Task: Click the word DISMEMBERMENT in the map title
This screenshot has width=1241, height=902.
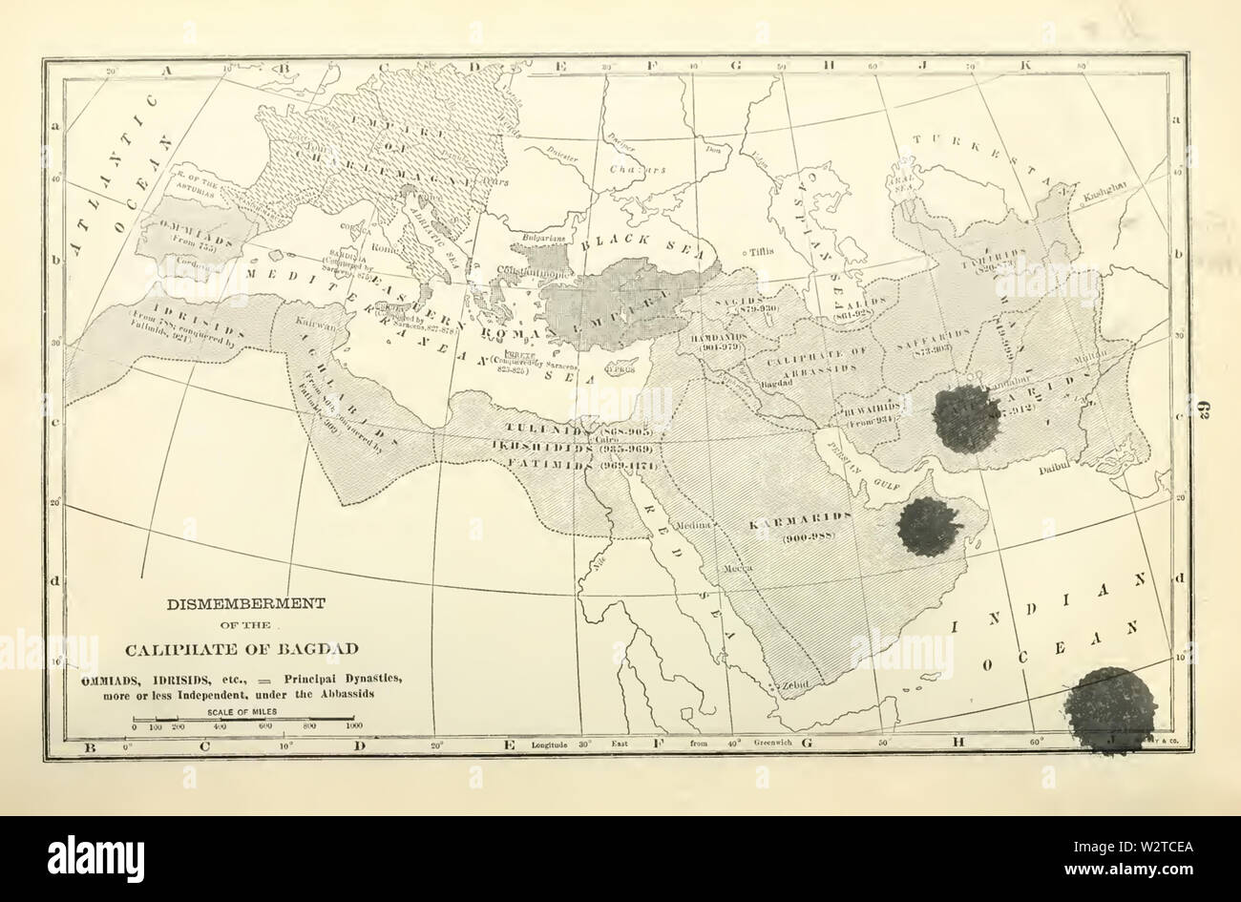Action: pyautogui.click(x=246, y=603)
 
